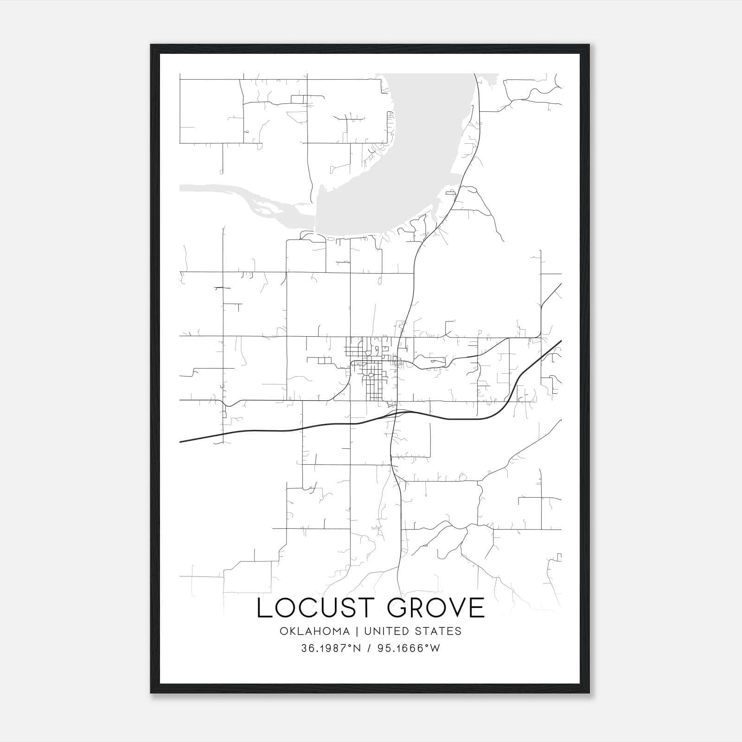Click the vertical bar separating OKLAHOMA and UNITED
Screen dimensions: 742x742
(x=357, y=631)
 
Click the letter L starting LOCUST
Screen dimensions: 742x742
(x=264, y=608)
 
